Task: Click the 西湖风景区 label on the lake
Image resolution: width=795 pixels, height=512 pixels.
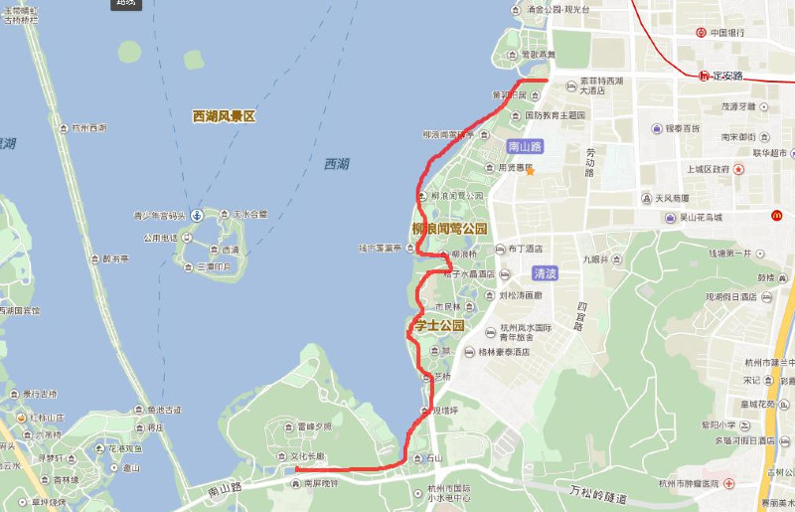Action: coord(224,116)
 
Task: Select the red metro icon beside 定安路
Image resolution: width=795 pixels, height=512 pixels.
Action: coord(705,75)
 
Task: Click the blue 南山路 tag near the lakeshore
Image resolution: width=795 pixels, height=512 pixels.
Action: coord(524,146)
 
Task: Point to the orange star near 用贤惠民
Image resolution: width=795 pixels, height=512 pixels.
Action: coord(531,171)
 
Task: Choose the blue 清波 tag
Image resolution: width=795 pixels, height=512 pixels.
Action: coord(545,272)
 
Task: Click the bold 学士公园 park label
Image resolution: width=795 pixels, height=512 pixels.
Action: coord(438,326)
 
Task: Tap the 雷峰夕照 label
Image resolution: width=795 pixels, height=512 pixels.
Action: coord(314,427)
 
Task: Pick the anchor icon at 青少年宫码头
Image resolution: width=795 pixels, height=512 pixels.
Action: coord(197,215)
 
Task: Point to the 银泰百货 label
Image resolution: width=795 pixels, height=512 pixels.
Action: coord(682,129)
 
